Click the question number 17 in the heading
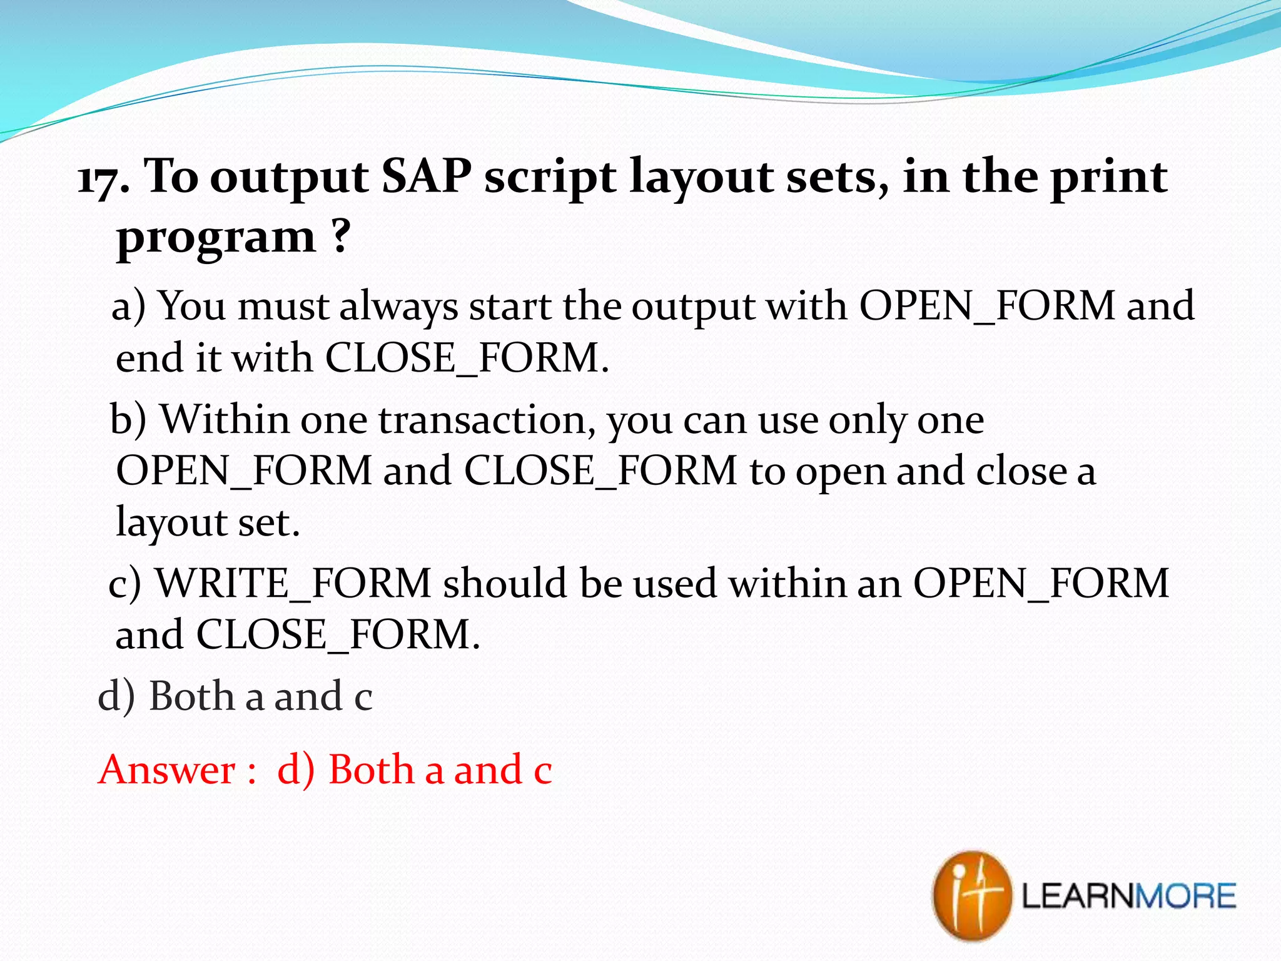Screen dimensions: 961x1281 point(99,180)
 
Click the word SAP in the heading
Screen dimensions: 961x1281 point(426,177)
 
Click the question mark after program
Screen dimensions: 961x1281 point(340,236)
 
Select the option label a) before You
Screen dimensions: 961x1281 point(128,307)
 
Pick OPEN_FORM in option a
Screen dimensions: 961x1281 point(986,306)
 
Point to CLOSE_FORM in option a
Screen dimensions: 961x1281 point(463,358)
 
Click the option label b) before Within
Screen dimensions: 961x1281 point(128,419)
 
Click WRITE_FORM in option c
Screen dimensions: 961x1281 point(293,584)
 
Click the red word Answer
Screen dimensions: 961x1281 point(167,770)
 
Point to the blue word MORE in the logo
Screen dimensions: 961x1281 point(1185,896)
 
